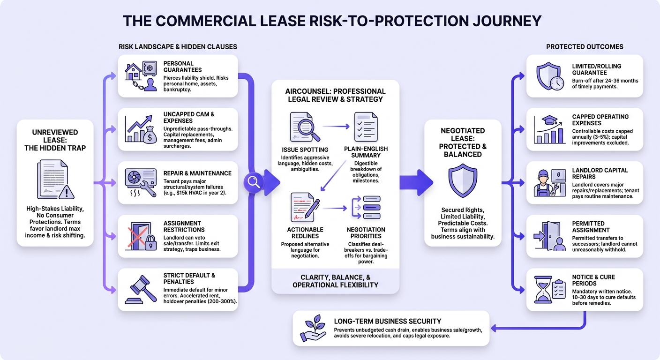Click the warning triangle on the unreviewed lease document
[x=66, y=192]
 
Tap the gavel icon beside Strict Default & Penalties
[x=141, y=289]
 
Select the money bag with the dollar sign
[x=150, y=135]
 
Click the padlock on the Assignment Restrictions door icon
[x=150, y=242]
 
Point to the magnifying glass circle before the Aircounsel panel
[x=253, y=182]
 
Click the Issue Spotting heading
[x=305, y=150]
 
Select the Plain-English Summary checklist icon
[x=366, y=127]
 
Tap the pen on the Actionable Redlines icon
[x=312, y=208]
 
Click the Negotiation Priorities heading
[x=366, y=232]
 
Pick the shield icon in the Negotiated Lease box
[x=463, y=180]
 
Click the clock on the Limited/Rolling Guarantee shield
[x=556, y=83]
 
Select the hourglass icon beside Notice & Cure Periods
[x=543, y=289]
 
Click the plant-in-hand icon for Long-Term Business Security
[x=313, y=328]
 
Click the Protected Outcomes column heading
[x=585, y=47]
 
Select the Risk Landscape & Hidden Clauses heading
[x=178, y=47]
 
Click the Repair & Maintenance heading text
[x=197, y=173]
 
